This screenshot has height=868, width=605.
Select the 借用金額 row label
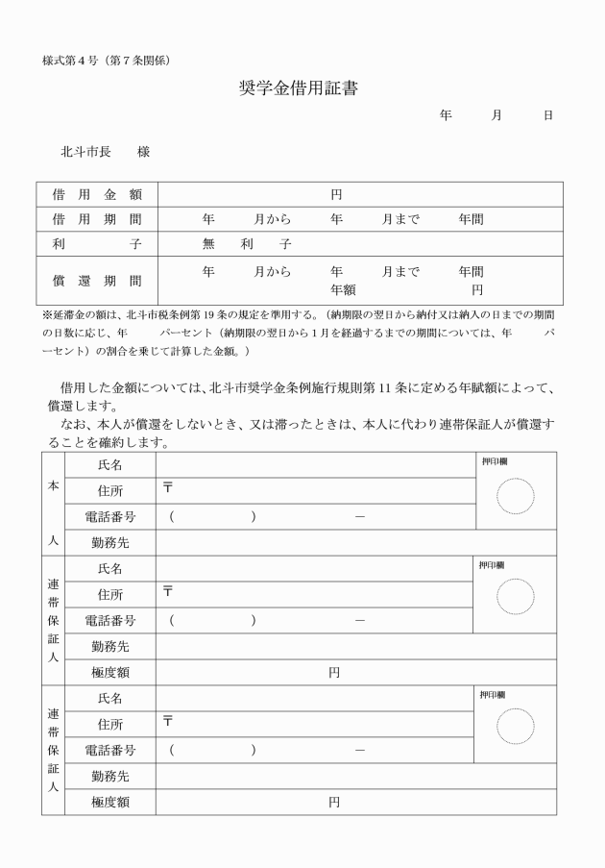coord(97,194)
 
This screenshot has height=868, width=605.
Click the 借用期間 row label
coord(97,219)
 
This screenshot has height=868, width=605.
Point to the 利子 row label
coord(97,244)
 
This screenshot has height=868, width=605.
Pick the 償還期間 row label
coord(97,281)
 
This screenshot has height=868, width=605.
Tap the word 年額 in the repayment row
coord(343,289)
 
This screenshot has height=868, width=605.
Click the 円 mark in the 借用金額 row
coord(336,194)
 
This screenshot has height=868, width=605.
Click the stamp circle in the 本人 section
coord(515,495)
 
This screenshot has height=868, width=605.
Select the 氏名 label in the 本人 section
coord(110,464)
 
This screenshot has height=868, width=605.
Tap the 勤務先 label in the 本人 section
coord(110,542)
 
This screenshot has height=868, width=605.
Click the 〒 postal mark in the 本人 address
coord(168,489)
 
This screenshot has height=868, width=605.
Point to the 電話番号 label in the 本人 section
coord(110,516)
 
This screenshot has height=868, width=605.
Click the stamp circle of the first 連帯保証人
coord(515,596)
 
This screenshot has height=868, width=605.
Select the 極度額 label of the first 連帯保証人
coord(110,673)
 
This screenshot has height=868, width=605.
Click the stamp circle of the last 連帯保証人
coord(515,725)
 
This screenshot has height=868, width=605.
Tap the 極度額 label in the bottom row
coord(110,802)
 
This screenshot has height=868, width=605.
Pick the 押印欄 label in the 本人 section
coord(495,461)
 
